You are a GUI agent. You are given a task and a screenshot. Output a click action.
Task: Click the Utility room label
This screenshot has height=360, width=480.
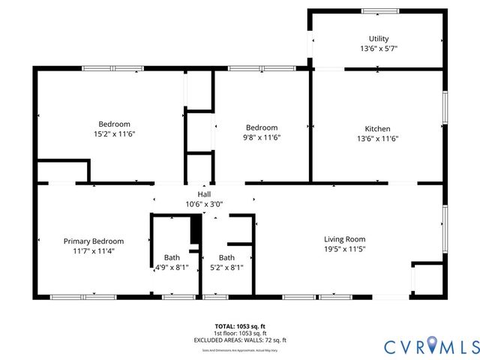pyautogui.click(x=378, y=39)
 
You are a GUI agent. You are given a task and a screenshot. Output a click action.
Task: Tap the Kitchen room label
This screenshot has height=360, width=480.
pyautogui.click(x=377, y=128)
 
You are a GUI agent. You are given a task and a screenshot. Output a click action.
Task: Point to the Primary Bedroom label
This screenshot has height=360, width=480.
pyautogui.click(x=94, y=241)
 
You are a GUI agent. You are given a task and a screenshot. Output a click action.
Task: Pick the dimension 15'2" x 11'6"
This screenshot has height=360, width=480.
pyautogui.click(x=115, y=133)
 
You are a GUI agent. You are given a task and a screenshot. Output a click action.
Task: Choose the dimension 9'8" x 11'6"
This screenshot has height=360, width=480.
pyautogui.click(x=262, y=137)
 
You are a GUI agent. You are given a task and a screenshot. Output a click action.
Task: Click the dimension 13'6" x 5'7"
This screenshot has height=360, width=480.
pyautogui.click(x=378, y=48)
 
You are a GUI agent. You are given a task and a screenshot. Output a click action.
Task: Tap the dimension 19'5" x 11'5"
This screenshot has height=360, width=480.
pyautogui.click(x=344, y=249)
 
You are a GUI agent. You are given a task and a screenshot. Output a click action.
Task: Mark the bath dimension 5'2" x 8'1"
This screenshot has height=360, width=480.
pyautogui.click(x=226, y=266)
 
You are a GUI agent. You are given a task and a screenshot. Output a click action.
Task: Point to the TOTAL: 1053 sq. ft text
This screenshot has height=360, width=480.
pyautogui.click(x=240, y=327)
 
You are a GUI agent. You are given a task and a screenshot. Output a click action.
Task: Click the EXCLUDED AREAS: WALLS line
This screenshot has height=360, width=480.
pyautogui.click(x=240, y=340)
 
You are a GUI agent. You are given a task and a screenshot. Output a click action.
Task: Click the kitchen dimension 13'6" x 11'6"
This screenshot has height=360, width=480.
pyautogui.click(x=377, y=138)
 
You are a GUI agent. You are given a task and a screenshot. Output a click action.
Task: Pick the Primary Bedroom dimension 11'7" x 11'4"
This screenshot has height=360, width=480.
pyautogui.click(x=94, y=251)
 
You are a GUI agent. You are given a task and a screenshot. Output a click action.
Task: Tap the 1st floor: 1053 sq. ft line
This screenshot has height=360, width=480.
pyautogui.click(x=240, y=333)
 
